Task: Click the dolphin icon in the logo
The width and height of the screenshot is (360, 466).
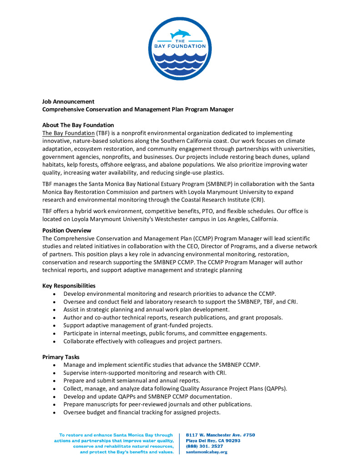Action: click(x=180, y=34)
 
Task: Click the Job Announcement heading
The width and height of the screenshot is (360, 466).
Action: click(x=68, y=101)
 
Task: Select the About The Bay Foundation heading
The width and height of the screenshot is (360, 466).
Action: click(x=78, y=125)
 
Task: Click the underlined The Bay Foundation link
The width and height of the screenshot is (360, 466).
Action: click(x=68, y=133)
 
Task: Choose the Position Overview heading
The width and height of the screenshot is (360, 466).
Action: click(x=66, y=230)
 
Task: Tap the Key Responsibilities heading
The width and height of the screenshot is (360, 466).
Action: click(x=69, y=286)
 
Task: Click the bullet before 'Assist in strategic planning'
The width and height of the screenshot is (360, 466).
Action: click(x=55, y=310)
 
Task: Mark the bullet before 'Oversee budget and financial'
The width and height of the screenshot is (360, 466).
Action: click(x=55, y=413)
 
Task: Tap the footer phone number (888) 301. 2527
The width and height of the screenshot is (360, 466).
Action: click(x=203, y=446)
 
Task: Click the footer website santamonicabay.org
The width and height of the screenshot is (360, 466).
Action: click(x=207, y=452)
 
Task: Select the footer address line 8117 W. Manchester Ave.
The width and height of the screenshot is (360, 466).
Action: click(x=220, y=435)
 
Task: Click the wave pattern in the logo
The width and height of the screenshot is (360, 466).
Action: click(x=180, y=61)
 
